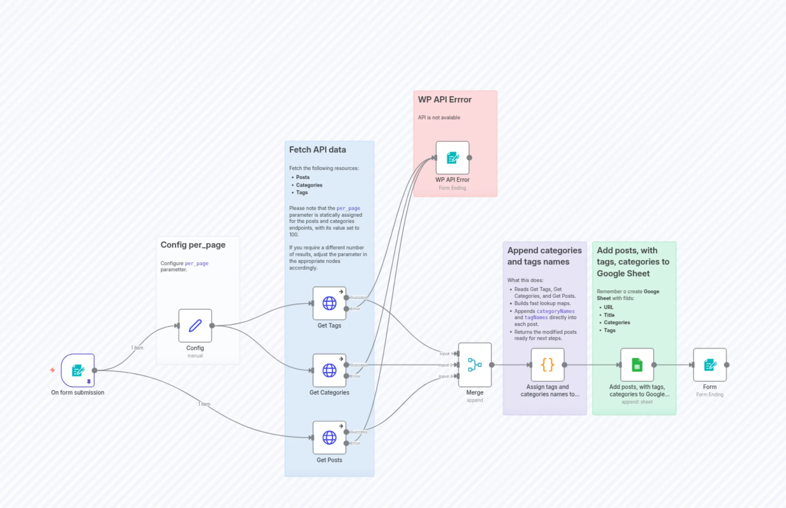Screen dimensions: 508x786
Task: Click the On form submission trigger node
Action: click(78, 370)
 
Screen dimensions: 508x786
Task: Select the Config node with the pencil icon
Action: click(195, 326)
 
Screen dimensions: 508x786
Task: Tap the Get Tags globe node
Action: click(329, 303)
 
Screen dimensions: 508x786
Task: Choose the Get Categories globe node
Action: click(329, 370)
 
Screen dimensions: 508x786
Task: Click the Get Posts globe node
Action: click(329, 437)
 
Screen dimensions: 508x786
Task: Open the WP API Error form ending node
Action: click(452, 158)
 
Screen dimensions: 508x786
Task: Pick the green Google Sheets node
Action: click(637, 364)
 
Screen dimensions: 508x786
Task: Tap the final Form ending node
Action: click(709, 364)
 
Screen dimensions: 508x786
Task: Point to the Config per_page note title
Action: click(193, 245)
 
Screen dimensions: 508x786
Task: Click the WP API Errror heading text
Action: click(444, 100)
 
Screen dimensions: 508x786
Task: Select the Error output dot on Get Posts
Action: click(346, 443)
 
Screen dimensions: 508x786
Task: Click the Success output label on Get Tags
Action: click(358, 297)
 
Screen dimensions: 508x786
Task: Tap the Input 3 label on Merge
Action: click(445, 376)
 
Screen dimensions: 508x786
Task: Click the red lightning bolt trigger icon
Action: click(52, 370)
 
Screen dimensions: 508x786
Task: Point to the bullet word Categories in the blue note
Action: click(309, 185)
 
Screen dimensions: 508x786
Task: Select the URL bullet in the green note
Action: click(608, 307)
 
